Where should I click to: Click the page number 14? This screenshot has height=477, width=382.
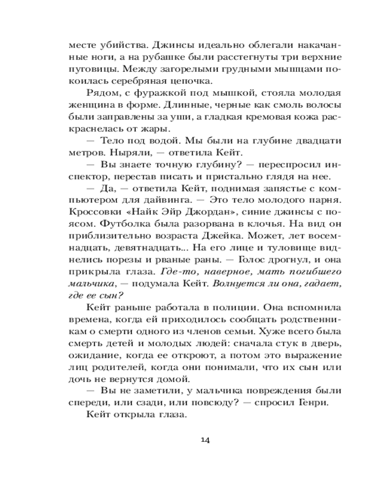[x=206, y=439]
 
